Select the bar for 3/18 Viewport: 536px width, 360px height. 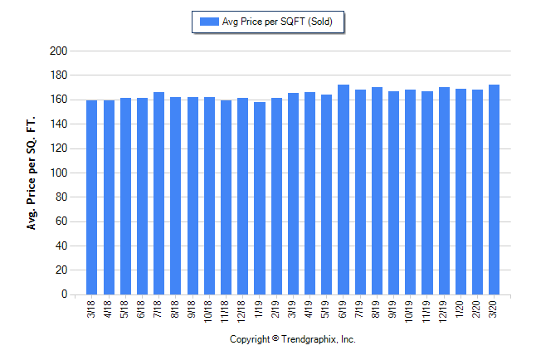[92, 197]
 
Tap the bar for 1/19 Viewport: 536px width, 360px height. [259, 198]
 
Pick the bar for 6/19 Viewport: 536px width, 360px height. [343, 190]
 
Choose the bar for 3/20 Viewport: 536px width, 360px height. [494, 190]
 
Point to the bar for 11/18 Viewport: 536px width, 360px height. [226, 197]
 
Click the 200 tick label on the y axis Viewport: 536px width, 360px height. [58, 51]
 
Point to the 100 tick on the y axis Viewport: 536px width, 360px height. [58, 173]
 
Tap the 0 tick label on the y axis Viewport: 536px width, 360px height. [63, 294]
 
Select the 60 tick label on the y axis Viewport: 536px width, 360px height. [61, 221]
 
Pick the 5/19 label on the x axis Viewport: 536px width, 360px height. [326, 309]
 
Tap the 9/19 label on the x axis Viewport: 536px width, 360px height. [393, 309]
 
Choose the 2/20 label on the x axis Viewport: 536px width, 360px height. [477, 309]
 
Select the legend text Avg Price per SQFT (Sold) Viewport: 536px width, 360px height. [277, 22]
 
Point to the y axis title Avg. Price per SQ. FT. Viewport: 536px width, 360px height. [32, 173]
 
